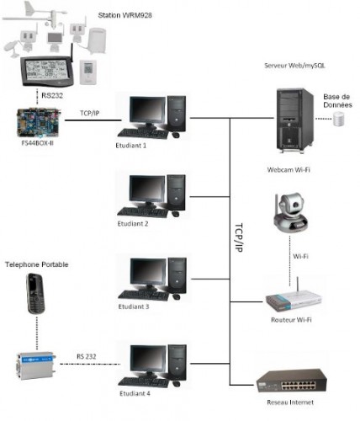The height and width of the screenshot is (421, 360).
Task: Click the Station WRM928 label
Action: (x=125, y=15)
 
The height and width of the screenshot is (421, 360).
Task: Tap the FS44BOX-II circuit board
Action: (x=39, y=123)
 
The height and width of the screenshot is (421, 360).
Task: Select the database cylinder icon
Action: (x=339, y=119)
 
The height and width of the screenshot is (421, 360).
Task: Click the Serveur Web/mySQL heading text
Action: (x=294, y=66)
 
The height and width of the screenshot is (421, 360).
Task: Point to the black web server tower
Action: (x=294, y=120)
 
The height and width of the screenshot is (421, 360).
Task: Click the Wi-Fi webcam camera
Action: (x=290, y=213)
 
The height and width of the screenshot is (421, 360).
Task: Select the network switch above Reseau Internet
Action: (x=292, y=381)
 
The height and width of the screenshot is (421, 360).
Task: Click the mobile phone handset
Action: (x=35, y=294)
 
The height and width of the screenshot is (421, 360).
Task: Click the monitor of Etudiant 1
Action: (x=148, y=113)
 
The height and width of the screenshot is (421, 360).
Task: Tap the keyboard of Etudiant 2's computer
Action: (x=143, y=212)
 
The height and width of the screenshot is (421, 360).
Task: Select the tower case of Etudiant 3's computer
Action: (x=177, y=275)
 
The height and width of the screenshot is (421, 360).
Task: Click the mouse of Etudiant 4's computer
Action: (x=177, y=384)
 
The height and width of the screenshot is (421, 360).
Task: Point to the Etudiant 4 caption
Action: (x=135, y=393)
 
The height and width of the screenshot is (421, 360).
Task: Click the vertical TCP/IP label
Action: (x=239, y=237)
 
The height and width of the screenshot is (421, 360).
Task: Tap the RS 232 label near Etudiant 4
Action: (x=87, y=356)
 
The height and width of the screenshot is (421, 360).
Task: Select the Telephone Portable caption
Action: (x=37, y=264)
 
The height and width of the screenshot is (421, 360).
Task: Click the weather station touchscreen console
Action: (x=48, y=72)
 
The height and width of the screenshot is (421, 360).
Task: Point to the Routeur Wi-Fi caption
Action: (x=291, y=320)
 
